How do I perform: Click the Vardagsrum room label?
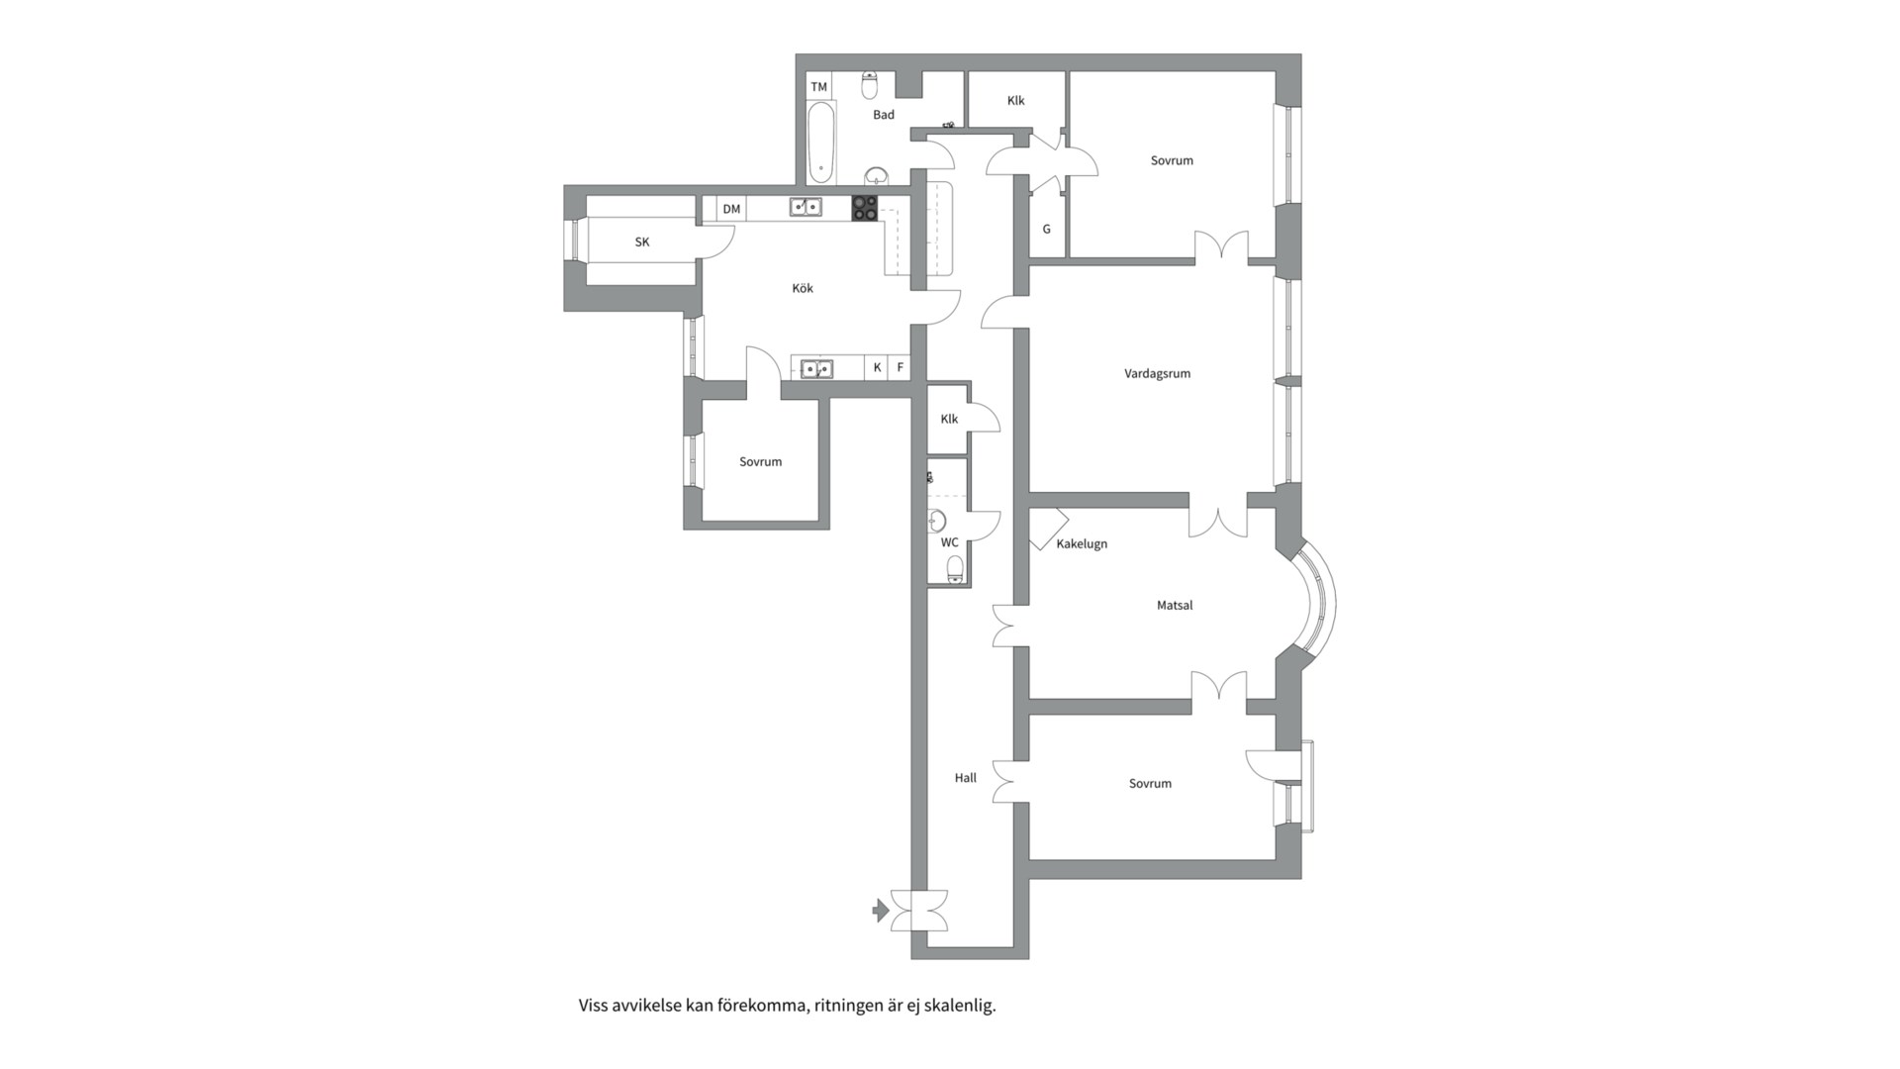pos(1157,374)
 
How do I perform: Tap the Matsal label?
pos(1175,605)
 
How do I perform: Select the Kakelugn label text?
pos(1082,544)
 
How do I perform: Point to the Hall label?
pos(965,778)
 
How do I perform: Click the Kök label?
pos(803,288)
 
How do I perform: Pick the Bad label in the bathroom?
pos(884,115)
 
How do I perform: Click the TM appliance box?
pos(819,86)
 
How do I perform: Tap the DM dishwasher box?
pos(731,209)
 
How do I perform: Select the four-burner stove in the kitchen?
pos(865,208)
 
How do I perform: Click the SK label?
pos(642,243)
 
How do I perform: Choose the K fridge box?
pos(877,367)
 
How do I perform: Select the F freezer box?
pos(901,367)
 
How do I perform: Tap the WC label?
pos(949,542)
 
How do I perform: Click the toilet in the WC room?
pos(955,568)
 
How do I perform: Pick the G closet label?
pos(1046,230)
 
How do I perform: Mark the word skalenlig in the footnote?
pos(960,1006)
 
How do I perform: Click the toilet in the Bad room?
pos(870,85)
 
